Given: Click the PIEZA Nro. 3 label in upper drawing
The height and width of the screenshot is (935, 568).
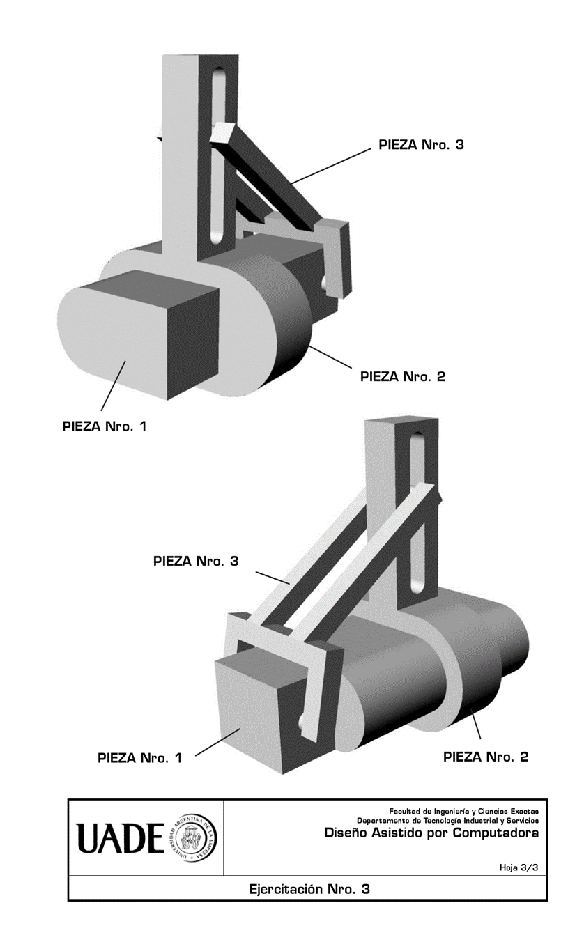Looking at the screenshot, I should (x=421, y=145).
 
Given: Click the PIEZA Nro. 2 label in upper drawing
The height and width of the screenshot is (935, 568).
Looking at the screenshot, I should (x=402, y=377).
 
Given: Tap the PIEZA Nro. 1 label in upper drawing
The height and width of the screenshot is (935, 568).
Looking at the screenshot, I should (x=105, y=426).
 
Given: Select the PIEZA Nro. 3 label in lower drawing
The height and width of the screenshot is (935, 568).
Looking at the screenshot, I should (x=196, y=561).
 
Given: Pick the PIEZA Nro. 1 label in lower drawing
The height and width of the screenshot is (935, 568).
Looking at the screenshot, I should (x=139, y=758).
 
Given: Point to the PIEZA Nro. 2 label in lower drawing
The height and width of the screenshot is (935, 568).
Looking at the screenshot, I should (x=486, y=757).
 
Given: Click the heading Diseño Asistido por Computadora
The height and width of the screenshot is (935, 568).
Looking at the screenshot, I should (x=431, y=833).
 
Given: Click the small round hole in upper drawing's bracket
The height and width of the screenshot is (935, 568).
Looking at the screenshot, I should (x=325, y=281).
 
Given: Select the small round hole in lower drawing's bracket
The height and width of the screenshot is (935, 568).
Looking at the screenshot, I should (x=304, y=723).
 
